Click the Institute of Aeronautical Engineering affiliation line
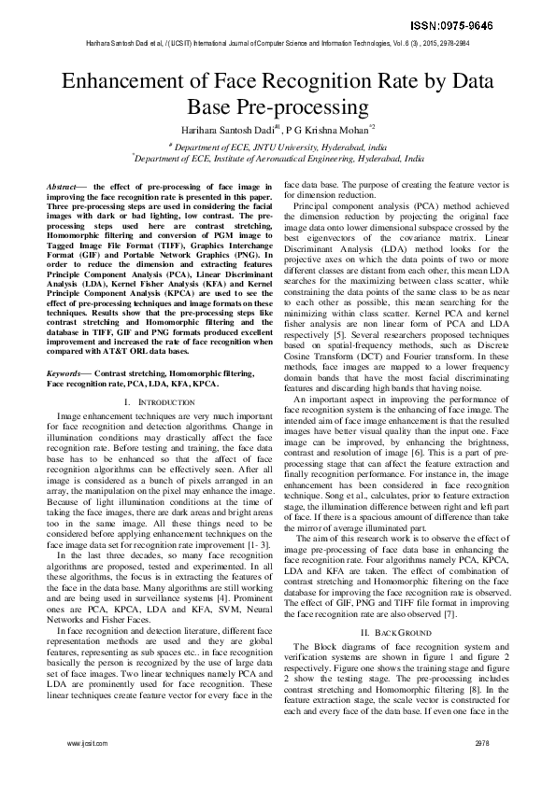pyautogui.click(x=278, y=160)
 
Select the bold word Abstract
pyautogui.click(x=62, y=187)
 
